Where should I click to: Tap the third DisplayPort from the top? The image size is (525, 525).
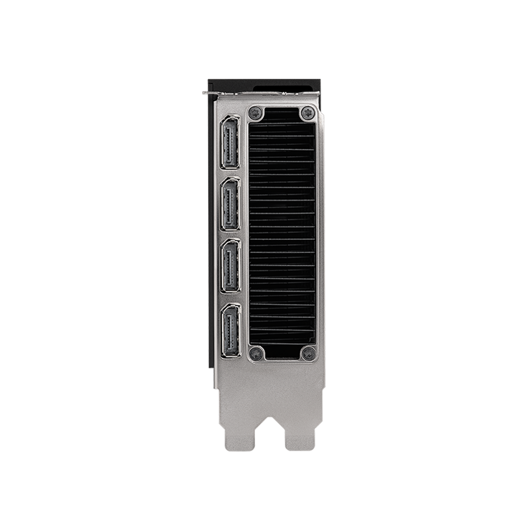click(231, 266)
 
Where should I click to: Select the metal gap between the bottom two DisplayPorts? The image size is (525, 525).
click(231, 297)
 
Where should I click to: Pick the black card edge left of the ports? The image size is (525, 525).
click(211, 230)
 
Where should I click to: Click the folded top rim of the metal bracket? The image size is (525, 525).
click(267, 95)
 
